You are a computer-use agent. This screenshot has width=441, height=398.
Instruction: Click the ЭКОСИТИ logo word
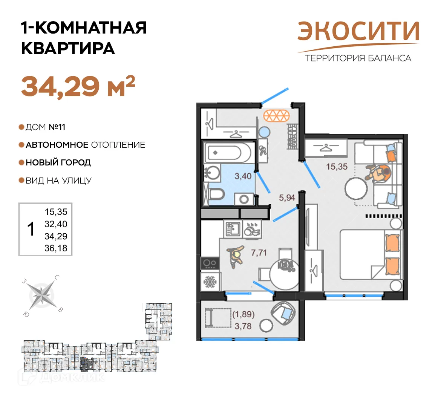click(358, 32)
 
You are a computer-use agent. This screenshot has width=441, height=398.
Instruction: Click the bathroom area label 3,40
click(243, 176)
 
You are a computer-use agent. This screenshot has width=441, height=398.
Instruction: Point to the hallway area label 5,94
click(287, 197)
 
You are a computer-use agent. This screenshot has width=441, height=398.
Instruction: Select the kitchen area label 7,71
click(259, 253)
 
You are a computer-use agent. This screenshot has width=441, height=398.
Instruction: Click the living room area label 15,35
click(337, 166)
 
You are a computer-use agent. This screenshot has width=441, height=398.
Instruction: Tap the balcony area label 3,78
click(243, 326)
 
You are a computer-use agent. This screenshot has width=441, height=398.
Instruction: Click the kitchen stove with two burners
click(210, 263)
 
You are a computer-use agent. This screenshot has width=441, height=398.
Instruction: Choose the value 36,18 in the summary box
click(56, 248)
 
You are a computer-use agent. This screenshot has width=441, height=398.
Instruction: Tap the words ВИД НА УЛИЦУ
click(58, 181)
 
